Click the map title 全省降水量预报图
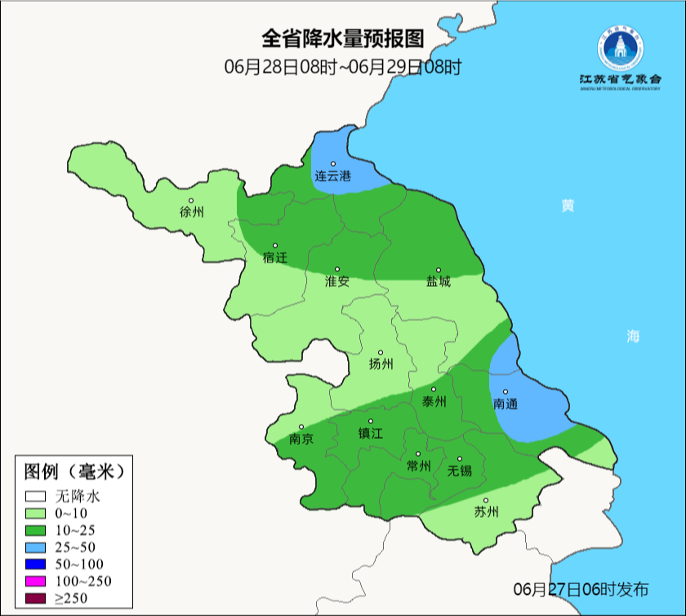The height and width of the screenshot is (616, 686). click(x=343, y=38)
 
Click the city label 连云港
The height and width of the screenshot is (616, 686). click(x=332, y=176)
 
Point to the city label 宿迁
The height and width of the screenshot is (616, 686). click(x=275, y=257)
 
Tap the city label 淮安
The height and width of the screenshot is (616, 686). click(x=336, y=281)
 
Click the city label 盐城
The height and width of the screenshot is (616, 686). click(x=438, y=281)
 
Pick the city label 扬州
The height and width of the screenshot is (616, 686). click(x=381, y=364)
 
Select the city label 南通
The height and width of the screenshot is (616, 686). click(x=506, y=404)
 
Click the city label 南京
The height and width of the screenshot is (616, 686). click(x=301, y=439)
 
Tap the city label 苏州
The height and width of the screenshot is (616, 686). click(x=486, y=512)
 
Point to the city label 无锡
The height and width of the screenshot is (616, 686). click(x=460, y=471)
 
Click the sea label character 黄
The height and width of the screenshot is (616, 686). click(x=567, y=205)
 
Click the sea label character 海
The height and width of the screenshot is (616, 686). click(x=633, y=336)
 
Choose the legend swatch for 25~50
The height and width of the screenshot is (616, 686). click(x=35, y=547)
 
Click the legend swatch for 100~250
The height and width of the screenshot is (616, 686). click(x=35, y=581)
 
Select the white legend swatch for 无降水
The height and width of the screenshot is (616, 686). click(x=35, y=495)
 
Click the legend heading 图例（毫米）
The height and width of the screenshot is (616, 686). click(x=73, y=471)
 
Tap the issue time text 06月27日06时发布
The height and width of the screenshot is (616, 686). click(x=581, y=589)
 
